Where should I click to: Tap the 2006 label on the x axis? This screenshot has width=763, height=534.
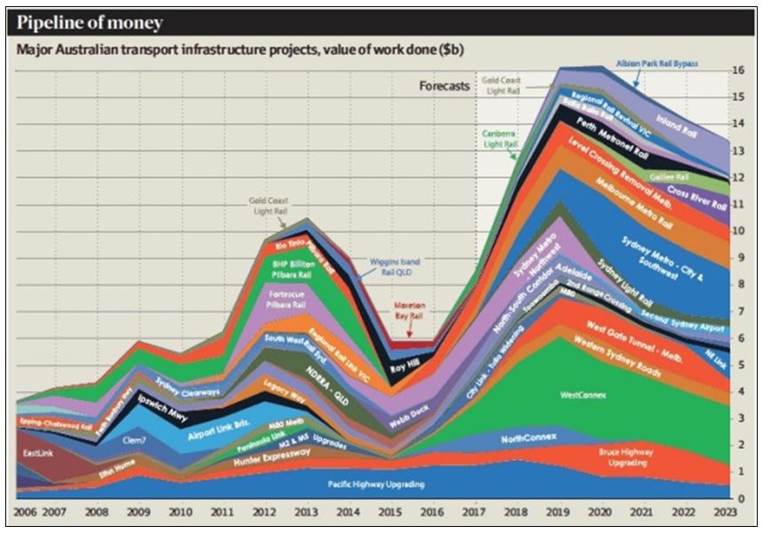click(x=27, y=514)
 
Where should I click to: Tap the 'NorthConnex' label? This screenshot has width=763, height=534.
click(x=528, y=438)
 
